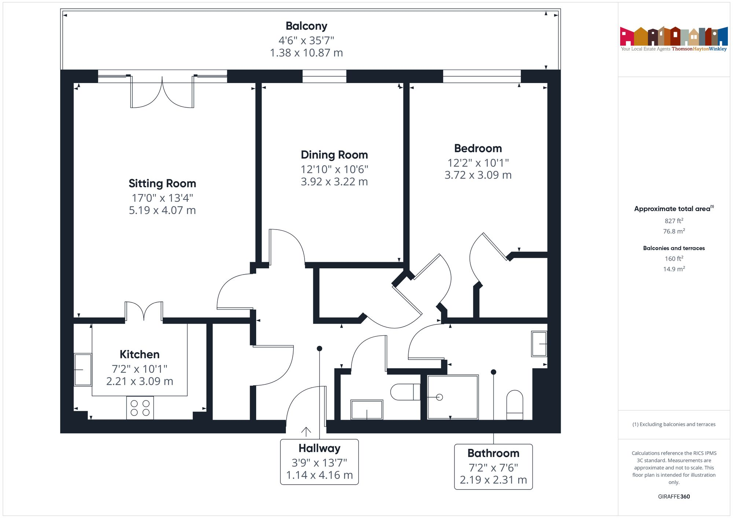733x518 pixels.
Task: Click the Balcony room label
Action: (x=306, y=26)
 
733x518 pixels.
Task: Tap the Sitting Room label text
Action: (x=162, y=183)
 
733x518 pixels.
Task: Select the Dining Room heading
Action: (x=334, y=155)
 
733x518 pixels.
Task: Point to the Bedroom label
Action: (x=478, y=148)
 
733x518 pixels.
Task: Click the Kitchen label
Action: (x=140, y=354)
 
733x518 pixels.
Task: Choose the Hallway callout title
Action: (x=319, y=448)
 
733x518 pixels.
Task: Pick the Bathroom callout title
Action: (x=493, y=453)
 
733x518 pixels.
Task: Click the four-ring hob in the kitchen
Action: (x=140, y=408)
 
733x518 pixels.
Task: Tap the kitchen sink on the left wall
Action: (x=83, y=370)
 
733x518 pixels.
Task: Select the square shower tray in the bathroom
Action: (x=453, y=397)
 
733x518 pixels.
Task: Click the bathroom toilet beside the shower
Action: (x=515, y=405)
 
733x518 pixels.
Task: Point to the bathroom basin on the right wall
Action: (x=539, y=344)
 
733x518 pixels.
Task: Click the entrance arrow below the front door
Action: (x=306, y=432)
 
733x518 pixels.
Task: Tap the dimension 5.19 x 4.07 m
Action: (x=162, y=210)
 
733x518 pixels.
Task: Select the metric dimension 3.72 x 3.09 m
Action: (x=478, y=175)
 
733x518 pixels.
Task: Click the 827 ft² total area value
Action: (x=674, y=221)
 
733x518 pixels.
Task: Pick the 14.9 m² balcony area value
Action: (x=674, y=269)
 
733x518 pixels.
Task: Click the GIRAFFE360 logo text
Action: (x=674, y=497)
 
